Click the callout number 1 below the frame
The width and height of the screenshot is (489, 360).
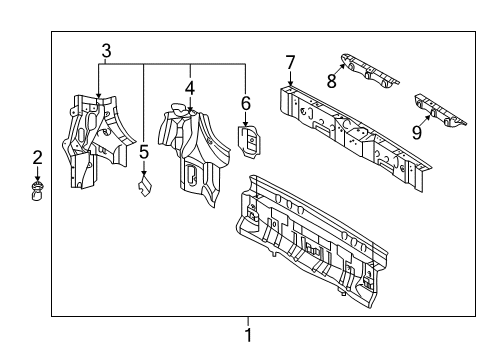pos(248,335)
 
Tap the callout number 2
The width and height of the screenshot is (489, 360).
pos(37,157)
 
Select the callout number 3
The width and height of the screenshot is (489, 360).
pos(106,51)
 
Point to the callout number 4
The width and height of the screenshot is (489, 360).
pos(190,89)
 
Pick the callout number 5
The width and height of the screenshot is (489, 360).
pos(144,152)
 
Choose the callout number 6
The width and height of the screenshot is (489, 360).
pos(246,104)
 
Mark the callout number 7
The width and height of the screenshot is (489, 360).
pos(290,63)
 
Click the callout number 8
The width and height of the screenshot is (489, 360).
pos(332,81)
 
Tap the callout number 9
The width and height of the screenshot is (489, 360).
pos(417,132)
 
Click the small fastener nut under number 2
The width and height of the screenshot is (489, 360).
pos(37,192)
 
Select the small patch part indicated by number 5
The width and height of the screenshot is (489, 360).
pos(145,186)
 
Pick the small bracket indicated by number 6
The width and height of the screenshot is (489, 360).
pos(250,141)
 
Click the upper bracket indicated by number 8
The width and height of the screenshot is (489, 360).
pos(369,71)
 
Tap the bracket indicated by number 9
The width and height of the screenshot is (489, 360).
pos(439,111)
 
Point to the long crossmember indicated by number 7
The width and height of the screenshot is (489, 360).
pos(355,138)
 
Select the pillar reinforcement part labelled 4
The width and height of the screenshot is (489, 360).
pos(193,153)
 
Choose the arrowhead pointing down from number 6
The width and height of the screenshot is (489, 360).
pos(246,124)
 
